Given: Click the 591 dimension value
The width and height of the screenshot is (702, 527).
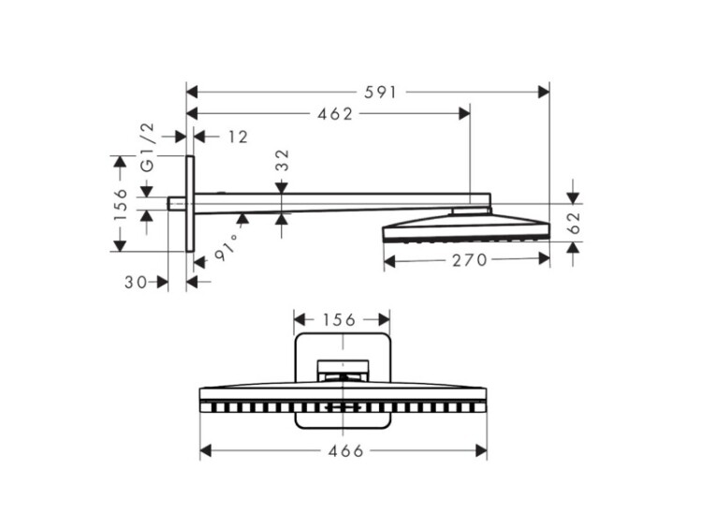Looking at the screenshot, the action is coord(380,93).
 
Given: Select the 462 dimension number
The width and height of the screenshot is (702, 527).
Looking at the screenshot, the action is coord(335,114).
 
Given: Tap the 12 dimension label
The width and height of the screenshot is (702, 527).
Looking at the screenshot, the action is coord(238,137).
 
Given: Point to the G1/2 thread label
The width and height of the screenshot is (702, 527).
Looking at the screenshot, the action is coord(147,147).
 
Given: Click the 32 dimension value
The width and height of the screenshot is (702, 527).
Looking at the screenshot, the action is coord(282,160).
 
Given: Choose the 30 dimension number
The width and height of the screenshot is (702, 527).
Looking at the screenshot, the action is coord(136,282).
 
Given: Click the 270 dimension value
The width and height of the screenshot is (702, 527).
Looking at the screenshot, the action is coord(469,259).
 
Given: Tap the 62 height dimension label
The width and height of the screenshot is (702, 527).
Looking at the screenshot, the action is coord(574,223).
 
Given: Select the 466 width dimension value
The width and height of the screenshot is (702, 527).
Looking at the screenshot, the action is coord(346,451).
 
